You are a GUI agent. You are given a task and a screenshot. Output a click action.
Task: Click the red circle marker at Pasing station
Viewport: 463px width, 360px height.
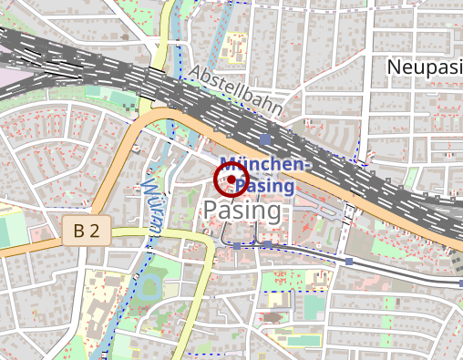(x=231, y=180)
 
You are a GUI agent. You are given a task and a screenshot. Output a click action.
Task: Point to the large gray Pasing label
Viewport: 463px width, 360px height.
(x=242, y=211)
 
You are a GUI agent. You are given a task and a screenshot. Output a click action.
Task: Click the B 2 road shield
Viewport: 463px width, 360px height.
(x=87, y=231)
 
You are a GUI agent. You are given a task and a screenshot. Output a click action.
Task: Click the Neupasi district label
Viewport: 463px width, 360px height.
(x=424, y=67)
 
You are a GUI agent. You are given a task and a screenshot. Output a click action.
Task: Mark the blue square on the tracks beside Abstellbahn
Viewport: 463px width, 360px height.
(x=265, y=139)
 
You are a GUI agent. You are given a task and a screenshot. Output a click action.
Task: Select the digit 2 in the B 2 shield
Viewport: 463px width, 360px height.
(x=94, y=231)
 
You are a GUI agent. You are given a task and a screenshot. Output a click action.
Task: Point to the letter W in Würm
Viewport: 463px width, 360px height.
(x=146, y=189)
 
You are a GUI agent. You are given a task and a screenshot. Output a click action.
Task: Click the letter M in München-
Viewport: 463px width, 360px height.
(x=231, y=165)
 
